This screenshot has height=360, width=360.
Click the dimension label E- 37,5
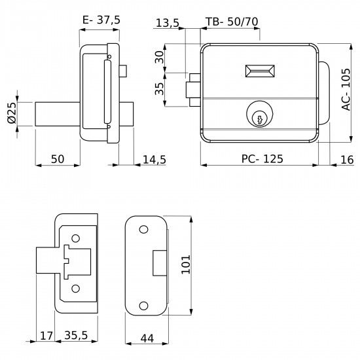(x=102, y=20)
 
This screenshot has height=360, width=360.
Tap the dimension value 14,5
(x=153, y=160)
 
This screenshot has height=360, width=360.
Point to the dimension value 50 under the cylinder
(x=57, y=160)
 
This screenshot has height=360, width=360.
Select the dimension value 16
(x=346, y=160)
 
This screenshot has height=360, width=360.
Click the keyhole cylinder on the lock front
(x=259, y=116)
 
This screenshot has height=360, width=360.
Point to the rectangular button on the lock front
(x=260, y=71)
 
